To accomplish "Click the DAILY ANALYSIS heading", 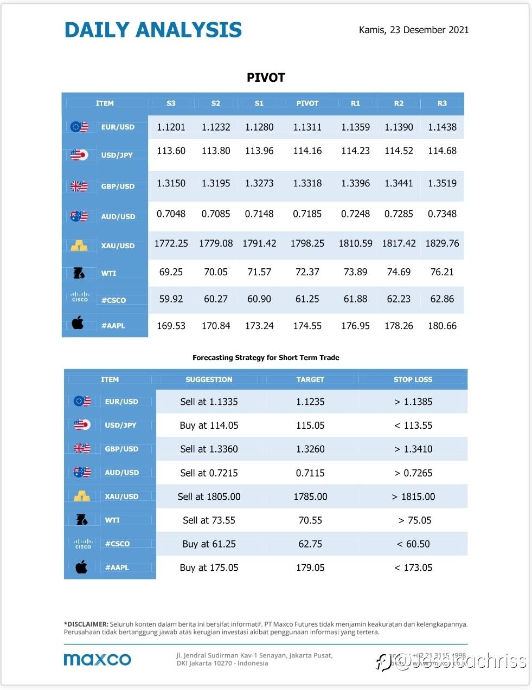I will coord(153,30).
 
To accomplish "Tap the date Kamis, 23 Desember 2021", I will coord(413,30).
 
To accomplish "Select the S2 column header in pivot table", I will coord(216,103).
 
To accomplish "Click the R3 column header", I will coord(442,103).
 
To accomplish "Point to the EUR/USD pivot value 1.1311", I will coord(307,127).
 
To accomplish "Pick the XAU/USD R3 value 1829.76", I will coord(442,243).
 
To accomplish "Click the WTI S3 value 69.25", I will coord(171,272).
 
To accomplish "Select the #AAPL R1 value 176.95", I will coord(355,326).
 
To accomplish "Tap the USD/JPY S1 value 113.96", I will coord(259,151).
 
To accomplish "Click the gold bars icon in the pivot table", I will coord(79,246).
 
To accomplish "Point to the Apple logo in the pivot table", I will coord(78,324).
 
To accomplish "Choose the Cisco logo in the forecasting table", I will coord(83,543).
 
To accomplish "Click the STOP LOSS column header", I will coord(413,379).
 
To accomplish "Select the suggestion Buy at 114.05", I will coord(209,425).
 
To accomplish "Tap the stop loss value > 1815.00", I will coord(413,496).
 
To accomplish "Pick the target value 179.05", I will coord(310,568).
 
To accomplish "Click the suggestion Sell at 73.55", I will coord(209,520).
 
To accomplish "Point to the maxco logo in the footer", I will coord(98,659).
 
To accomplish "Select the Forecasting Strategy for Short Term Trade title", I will coord(266,358).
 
